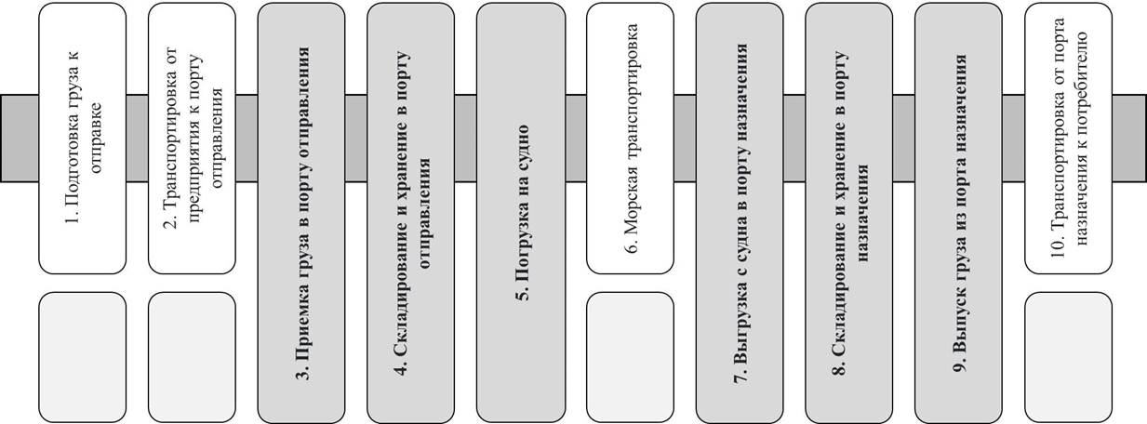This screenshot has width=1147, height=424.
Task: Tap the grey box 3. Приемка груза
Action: (301, 212)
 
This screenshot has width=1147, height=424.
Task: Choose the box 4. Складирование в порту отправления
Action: (411, 212)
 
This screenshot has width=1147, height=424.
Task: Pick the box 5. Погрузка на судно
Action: (521, 212)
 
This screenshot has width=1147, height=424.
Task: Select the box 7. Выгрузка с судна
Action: (740, 212)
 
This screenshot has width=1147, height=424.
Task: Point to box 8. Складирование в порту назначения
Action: (849, 212)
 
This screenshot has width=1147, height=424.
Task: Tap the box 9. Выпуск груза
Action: (959, 212)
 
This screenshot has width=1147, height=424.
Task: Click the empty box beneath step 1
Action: (82, 356)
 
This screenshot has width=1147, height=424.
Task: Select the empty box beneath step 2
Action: (193, 356)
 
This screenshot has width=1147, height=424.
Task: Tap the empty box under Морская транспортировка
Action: (630, 356)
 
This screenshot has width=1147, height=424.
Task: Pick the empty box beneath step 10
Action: (1068, 356)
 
